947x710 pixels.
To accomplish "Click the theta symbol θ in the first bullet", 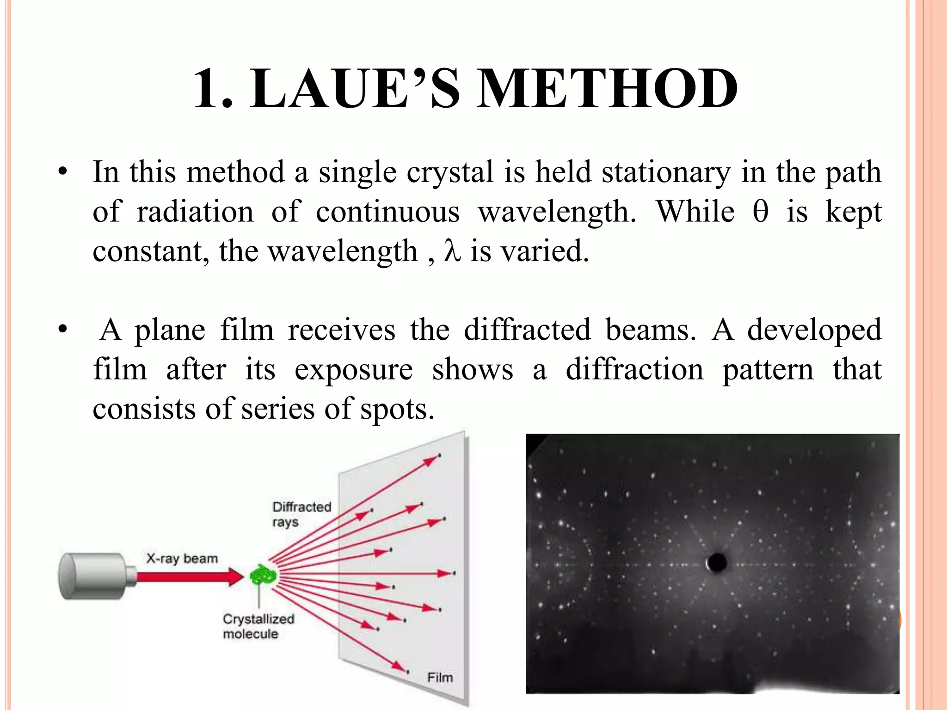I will click(761, 212).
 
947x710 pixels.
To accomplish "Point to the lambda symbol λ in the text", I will click(452, 251).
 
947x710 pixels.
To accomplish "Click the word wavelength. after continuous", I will click(557, 212).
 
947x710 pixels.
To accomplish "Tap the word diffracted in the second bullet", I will click(527, 330).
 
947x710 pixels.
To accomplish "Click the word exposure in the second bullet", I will click(354, 370).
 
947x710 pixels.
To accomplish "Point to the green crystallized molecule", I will click(263, 576).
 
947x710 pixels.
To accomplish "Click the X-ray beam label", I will click(182, 558).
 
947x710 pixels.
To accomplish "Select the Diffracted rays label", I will click(301, 514).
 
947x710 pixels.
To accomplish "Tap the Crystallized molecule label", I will click(258, 626).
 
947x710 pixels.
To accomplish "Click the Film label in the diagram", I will click(440, 678).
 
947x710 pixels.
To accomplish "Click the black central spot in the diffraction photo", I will click(717, 563).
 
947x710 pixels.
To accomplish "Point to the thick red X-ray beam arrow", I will click(190, 576).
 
